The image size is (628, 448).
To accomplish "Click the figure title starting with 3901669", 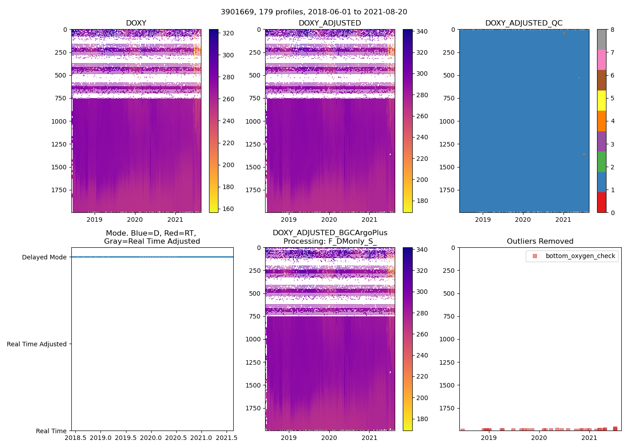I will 314,12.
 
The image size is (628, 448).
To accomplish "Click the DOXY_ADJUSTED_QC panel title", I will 523,23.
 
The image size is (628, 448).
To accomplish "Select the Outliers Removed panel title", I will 540,241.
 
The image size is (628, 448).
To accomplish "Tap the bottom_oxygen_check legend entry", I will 580,256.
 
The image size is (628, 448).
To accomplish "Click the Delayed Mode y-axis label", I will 44,257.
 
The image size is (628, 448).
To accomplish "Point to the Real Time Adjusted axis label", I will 37,344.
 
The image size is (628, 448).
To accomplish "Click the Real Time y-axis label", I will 51,431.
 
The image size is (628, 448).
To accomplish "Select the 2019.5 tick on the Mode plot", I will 126,437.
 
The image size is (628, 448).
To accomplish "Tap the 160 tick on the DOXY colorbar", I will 228,209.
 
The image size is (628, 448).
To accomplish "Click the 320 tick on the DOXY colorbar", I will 228,34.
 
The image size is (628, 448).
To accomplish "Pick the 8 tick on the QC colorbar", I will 612,30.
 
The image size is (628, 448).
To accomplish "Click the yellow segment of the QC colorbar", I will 602,100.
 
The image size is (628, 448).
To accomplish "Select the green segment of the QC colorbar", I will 602,162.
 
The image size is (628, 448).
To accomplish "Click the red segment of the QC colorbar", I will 602,202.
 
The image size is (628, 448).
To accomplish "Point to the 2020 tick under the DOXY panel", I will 135,220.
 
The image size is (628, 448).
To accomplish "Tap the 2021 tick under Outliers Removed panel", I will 589,438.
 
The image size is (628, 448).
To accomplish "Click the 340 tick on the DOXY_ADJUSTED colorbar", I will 422,31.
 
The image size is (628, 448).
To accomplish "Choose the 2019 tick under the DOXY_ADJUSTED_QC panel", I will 483,220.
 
